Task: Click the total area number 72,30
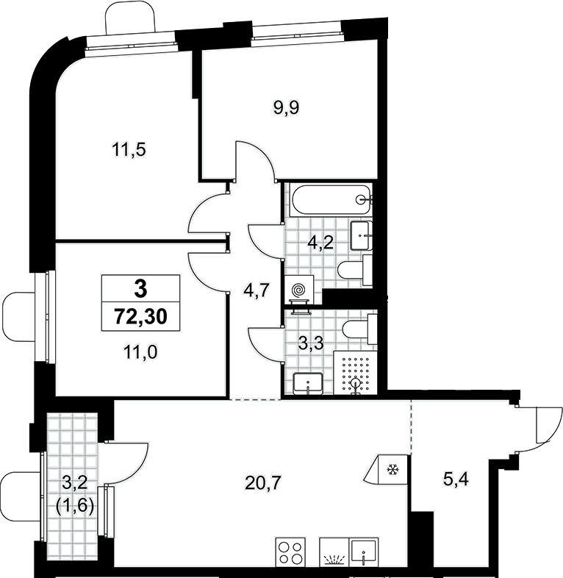point(141,316)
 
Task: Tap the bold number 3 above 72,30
point(141,288)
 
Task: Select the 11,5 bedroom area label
point(129,150)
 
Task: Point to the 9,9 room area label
point(287,107)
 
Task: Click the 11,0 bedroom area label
point(140,352)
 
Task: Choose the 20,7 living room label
point(263,482)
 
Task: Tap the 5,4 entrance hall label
point(456,480)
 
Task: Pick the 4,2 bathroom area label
point(320,243)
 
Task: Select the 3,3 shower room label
point(311,343)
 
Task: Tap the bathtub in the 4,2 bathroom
point(330,199)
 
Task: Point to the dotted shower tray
point(356,373)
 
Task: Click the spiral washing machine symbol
point(298,290)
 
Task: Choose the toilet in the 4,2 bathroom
point(356,270)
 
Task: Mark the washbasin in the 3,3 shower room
point(308,384)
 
